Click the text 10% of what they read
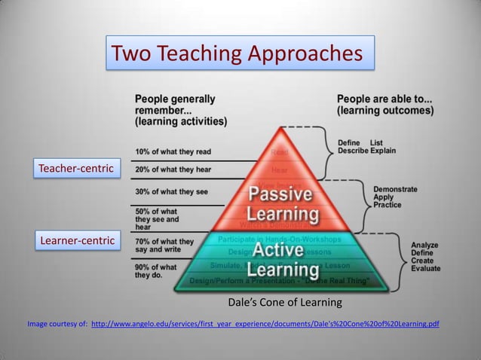tap(173, 151)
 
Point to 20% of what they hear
tap(173, 169)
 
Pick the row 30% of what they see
tap(171, 191)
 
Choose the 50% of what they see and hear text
tap(157, 218)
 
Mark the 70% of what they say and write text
tap(164, 246)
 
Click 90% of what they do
tap(156, 271)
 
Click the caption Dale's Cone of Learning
tap(284, 303)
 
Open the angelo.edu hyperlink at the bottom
tap(265, 325)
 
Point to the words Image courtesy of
tap(57, 325)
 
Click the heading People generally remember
tap(180, 109)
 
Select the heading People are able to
tap(384, 104)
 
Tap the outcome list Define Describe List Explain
tap(366, 146)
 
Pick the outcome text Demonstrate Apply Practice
tap(395, 197)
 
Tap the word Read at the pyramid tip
tap(279, 153)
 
